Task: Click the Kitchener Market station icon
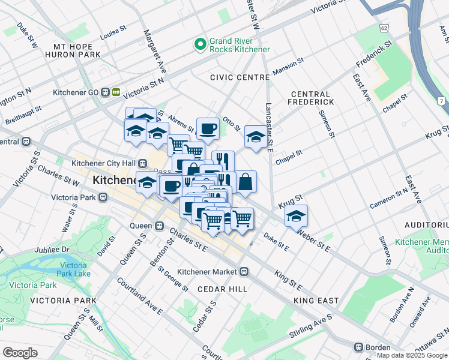click(x=244, y=271)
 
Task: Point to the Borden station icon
click(x=358, y=347)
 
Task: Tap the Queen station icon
click(x=159, y=226)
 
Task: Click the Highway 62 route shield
click(x=384, y=28)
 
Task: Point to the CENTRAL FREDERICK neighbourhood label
click(x=310, y=98)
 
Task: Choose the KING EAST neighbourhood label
click(x=317, y=300)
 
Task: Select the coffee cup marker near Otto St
click(x=208, y=128)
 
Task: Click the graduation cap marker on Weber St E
click(x=296, y=215)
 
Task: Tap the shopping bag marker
click(x=246, y=182)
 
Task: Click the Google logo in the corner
click(x=20, y=353)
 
